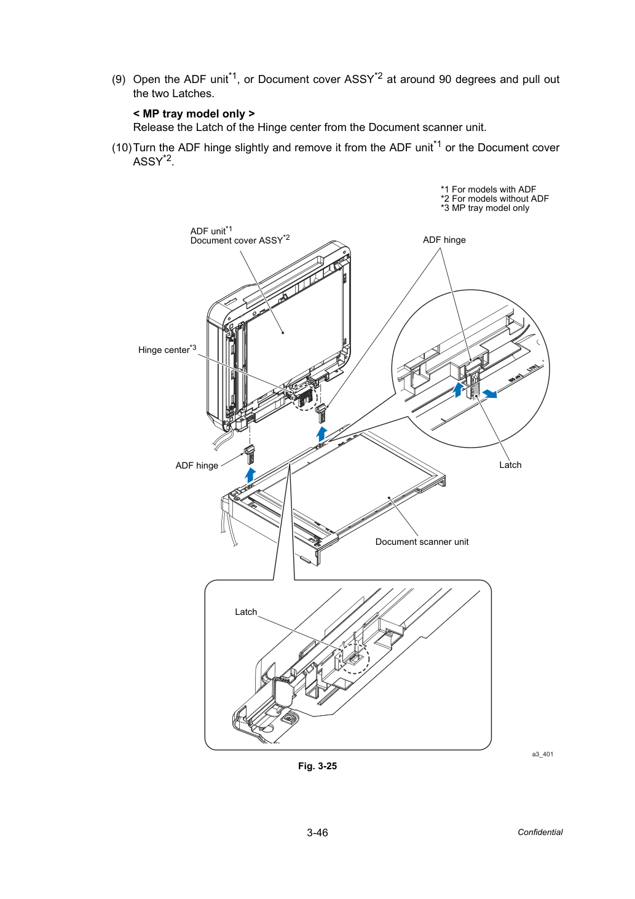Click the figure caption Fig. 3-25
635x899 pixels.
pos(317,766)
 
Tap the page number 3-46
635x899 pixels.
pos(317,833)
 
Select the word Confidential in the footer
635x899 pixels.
pos(540,833)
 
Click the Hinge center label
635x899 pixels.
pos(167,349)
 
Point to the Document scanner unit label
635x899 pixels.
pos(422,542)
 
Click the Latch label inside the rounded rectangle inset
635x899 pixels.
pos(246,612)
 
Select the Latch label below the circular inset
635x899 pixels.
pos(510,465)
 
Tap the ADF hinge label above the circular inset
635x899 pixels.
pos(444,240)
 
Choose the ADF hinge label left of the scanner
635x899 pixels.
pos(197,465)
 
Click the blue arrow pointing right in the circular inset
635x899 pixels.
pos(489,394)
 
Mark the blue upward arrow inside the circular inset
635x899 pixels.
pos(458,390)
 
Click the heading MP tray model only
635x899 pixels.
pos(194,114)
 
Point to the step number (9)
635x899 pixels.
pos(119,79)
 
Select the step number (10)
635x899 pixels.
pos(122,148)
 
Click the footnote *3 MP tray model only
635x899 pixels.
pos(484,208)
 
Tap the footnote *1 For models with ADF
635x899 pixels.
pos(488,189)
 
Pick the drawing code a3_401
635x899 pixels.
pos(542,754)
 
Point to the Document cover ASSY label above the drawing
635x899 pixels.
pos(240,240)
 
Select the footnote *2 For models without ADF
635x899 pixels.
pos(495,199)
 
